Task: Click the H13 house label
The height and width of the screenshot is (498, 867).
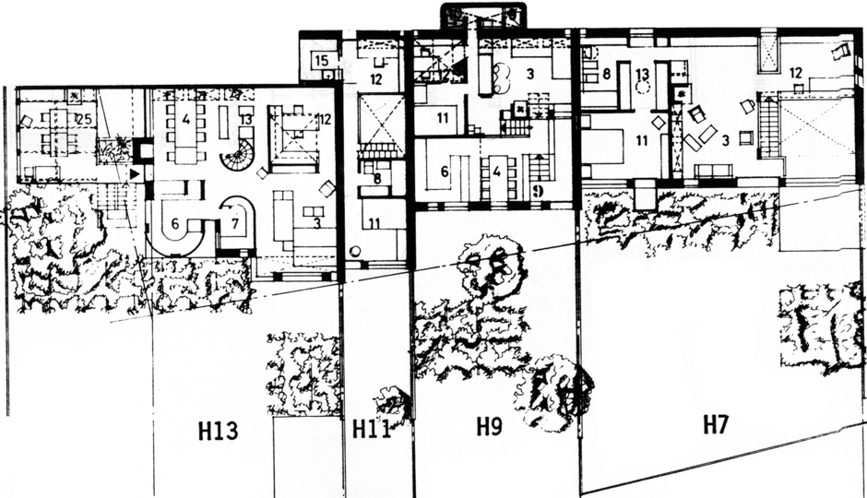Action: coord(219,430)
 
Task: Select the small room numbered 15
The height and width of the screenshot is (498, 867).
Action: coord(320,61)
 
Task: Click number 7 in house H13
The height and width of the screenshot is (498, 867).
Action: coord(234,223)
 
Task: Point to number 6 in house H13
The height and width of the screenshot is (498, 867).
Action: coord(175,223)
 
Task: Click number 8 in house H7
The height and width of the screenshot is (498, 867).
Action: coord(606,72)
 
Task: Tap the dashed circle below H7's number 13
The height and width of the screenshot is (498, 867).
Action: coord(643,90)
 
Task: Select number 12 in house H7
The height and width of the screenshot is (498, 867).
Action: coord(795,72)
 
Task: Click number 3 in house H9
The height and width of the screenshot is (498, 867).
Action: coord(530,71)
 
